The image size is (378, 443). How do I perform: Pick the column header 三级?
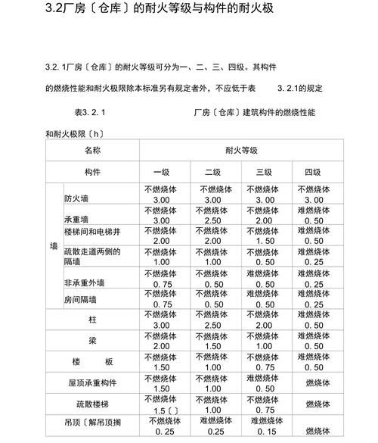[263, 172]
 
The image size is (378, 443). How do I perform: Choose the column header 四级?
[312, 172]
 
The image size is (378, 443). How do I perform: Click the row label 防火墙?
[76, 198]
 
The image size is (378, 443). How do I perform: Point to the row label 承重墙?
[76, 218]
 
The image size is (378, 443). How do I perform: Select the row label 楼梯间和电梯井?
[90, 231]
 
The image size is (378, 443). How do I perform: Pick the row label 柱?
[92, 320]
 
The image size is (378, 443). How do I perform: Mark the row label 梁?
[92, 341]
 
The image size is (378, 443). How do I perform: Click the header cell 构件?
[92, 172]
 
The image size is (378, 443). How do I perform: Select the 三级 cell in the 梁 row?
[264, 341]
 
